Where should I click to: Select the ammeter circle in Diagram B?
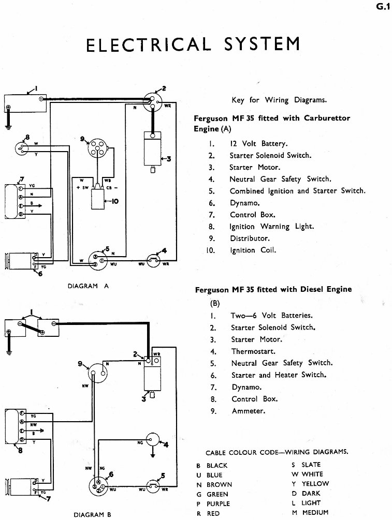tap(95, 369)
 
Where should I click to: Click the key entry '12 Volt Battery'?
tap(258, 144)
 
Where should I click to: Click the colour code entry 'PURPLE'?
tap(218, 503)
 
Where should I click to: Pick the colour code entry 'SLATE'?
tap(312, 465)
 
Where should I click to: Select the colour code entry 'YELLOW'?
tap(315, 484)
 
